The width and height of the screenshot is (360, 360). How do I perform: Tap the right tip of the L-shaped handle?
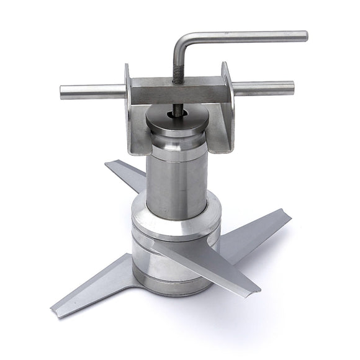(304, 36)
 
